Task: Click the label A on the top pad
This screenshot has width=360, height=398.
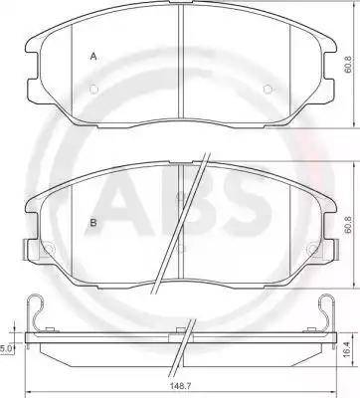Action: point(93,57)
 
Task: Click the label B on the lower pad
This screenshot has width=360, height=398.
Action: point(93,224)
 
